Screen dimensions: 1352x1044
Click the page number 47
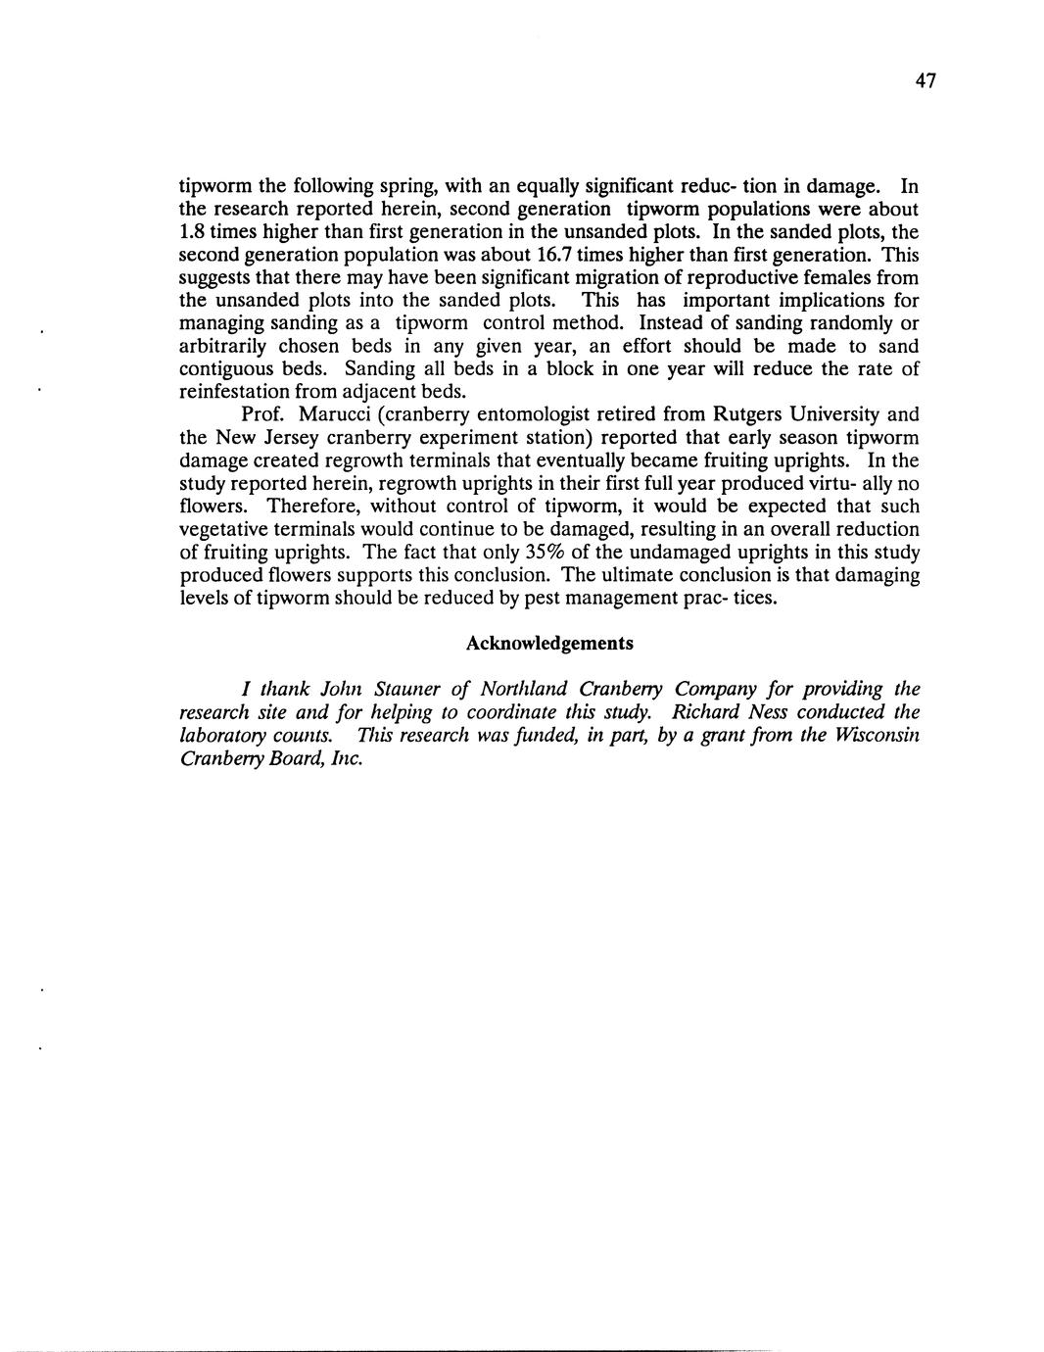point(926,81)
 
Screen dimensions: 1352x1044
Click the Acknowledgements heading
point(548,644)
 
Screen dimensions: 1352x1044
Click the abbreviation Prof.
point(261,414)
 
